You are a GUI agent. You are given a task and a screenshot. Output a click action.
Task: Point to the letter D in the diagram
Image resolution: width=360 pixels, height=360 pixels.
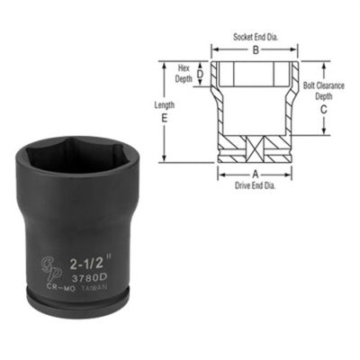pyautogui.click(x=200, y=75)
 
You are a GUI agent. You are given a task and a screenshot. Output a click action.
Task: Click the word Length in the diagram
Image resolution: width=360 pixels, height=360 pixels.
pyautogui.click(x=165, y=104)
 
